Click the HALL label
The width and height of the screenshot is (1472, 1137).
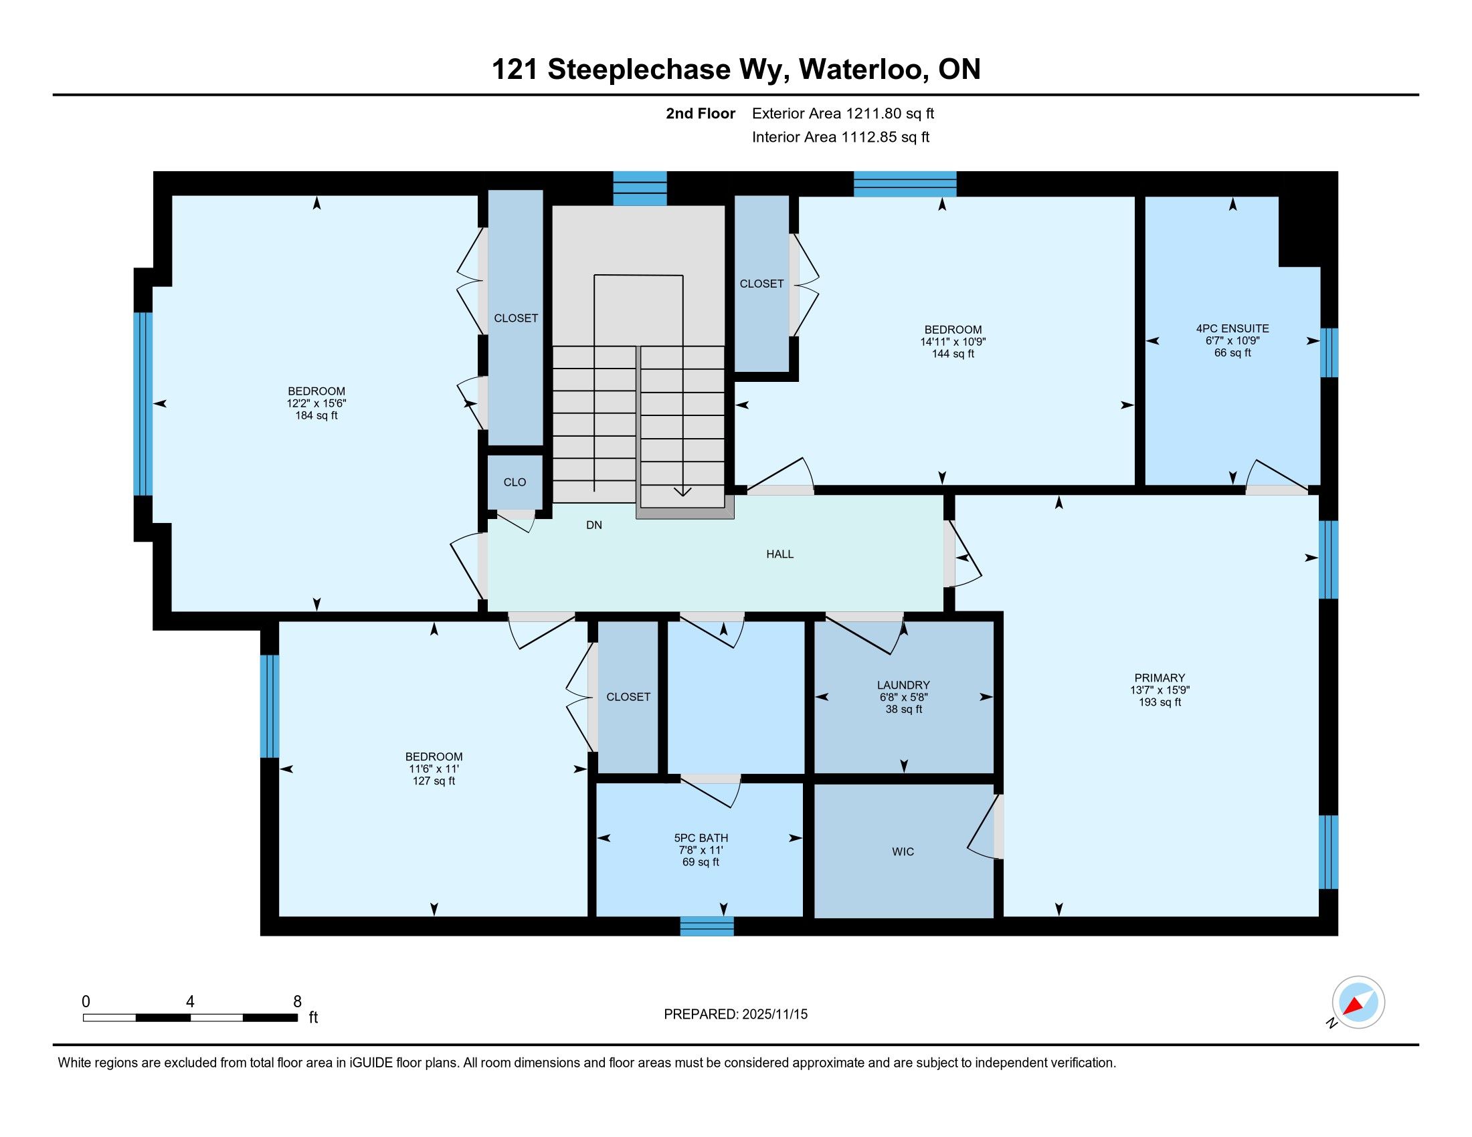pos(779,554)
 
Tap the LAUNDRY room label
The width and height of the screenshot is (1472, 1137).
pos(903,685)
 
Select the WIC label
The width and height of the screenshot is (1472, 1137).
pos(903,852)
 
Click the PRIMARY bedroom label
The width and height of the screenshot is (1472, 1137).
pos(1160,678)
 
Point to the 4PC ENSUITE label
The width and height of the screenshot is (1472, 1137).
pos(1232,328)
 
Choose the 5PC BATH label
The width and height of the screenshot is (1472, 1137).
pos(701,838)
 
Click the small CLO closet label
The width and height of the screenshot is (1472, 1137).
pos(515,482)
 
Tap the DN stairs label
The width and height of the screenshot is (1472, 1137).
pos(593,526)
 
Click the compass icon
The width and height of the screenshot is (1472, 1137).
pos(1358,1003)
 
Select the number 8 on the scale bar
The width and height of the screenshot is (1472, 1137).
pos(297,1002)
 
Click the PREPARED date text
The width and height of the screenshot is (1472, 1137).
pos(735,1015)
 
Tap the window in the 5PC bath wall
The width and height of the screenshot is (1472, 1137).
pos(707,926)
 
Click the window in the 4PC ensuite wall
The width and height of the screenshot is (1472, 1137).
pos(1328,353)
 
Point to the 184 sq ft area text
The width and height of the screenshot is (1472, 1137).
pos(316,415)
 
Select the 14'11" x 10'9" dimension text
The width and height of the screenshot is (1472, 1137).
pos(953,342)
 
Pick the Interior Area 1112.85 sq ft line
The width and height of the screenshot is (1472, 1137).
pos(840,137)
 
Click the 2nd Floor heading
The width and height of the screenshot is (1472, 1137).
pos(701,114)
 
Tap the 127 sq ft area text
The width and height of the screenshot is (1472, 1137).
pos(434,781)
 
